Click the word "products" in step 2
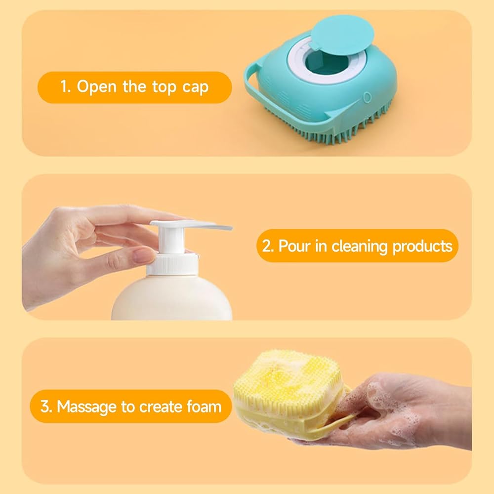point(422,246)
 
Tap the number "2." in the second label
point(268,246)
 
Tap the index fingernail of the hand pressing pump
point(144,255)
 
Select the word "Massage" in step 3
point(87,407)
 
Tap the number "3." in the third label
point(46,407)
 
